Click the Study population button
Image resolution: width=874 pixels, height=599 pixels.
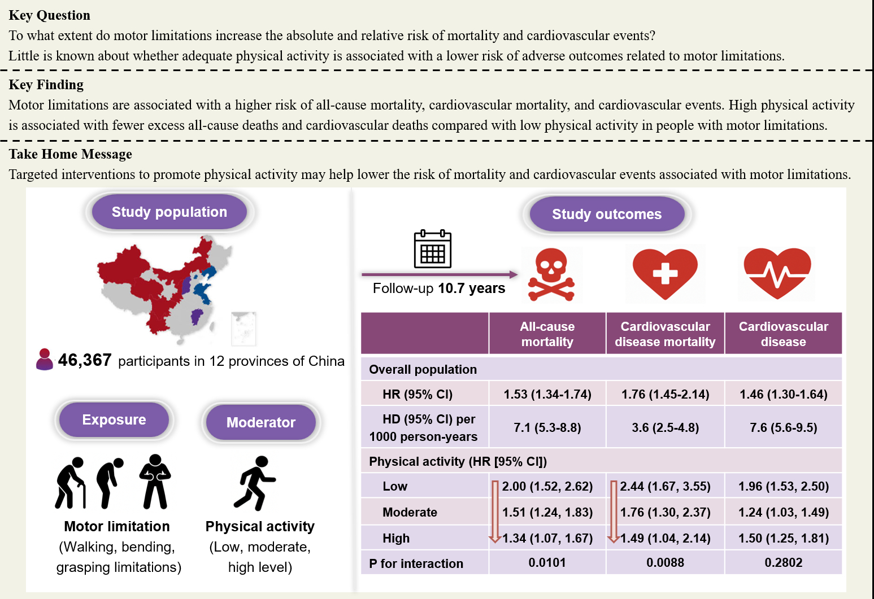click(x=169, y=212)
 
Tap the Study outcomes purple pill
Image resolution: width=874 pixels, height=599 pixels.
click(x=606, y=214)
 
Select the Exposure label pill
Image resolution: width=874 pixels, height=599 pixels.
click(x=114, y=419)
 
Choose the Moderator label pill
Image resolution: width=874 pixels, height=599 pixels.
click(x=260, y=422)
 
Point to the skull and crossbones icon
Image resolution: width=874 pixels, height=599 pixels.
click(x=551, y=275)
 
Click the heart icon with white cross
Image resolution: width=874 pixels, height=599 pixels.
click(x=665, y=273)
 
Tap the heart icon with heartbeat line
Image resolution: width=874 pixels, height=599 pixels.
click(x=777, y=273)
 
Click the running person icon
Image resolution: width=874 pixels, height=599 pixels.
click(x=255, y=483)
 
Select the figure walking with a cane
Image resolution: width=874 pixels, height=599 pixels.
click(x=71, y=483)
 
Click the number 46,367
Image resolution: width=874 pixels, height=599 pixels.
click(x=85, y=360)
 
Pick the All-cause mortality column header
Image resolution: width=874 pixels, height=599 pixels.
click(x=547, y=334)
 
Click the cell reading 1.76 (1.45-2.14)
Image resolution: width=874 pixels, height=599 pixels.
click(x=665, y=394)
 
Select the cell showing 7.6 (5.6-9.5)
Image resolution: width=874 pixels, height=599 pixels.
click(x=783, y=427)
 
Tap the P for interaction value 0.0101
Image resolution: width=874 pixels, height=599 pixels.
click(x=547, y=562)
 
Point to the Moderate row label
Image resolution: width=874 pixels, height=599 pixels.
click(x=410, y=512)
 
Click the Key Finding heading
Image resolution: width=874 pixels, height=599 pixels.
click(x=46, y=85)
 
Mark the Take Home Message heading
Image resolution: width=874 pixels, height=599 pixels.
click(x=71, y=154)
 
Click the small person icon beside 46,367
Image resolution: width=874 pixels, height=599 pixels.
click(x=44, y=360)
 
